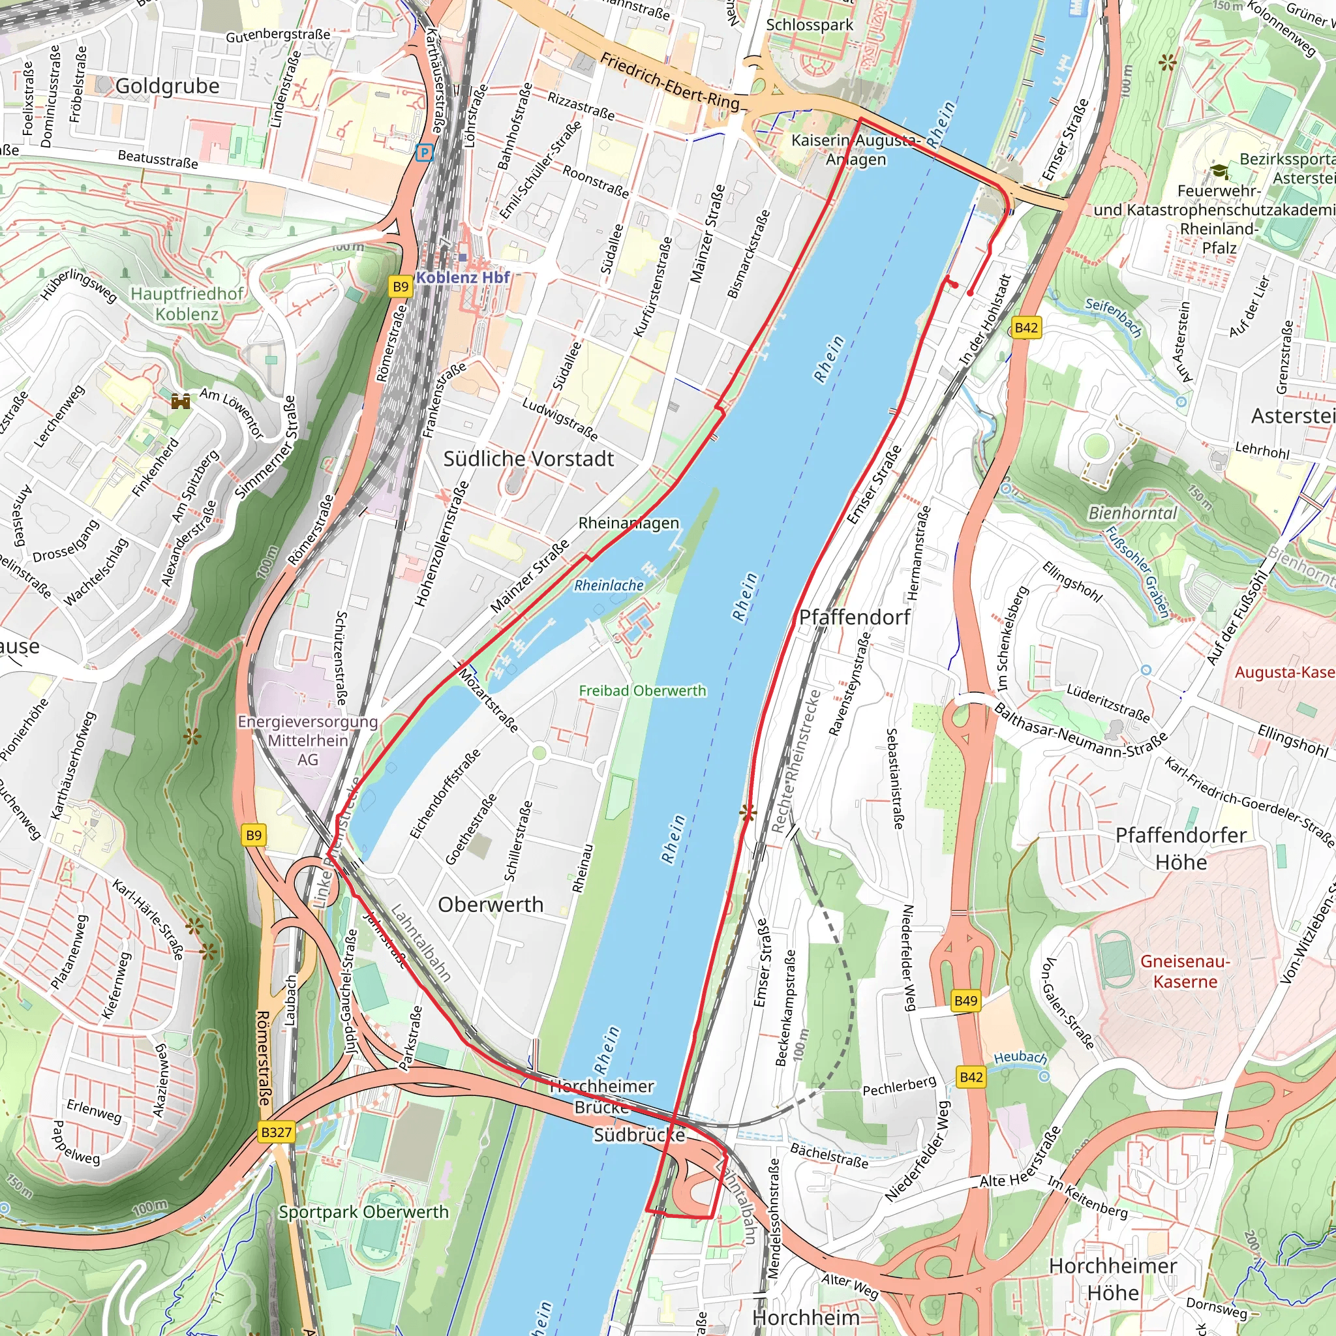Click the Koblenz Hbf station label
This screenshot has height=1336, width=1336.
tap(463, 277)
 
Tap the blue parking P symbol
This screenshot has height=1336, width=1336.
tap(425, 153)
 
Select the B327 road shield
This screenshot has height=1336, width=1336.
tap(276, 1132)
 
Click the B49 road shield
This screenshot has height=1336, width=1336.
tap(965, 1000)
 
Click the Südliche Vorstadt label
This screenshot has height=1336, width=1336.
tap(528, 459)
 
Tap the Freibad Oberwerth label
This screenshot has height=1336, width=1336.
tap(643, 690)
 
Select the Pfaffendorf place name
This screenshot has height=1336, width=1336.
tap(855, 618)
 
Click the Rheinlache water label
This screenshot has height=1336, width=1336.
tap(609, 585)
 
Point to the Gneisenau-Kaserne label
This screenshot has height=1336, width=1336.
tap(1185, 971)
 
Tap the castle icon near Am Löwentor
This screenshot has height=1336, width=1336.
tap(181, 401)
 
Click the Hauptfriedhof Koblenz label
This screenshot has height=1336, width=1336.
tap(187, 303)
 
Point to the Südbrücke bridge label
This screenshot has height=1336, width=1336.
tap(639, 1135)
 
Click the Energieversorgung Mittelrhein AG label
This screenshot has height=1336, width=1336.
tap(308, 740)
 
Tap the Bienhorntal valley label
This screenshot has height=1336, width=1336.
tap(1132, 513)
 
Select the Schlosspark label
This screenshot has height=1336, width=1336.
tap(809, 25)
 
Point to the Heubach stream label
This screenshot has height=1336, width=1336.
tap(1020, 1057)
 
